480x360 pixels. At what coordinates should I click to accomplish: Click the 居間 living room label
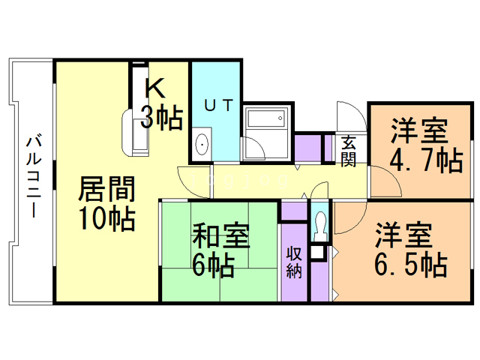pyautogui.click(x=106, y=187)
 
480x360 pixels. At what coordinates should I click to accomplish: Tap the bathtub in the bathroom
pyautogui.click(x=266, y=120)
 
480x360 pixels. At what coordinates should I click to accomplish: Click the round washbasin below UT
pyautogui.click(x=201, y=143)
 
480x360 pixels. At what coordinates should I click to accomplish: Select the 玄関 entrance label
pyautogui.click(x=349, y=149)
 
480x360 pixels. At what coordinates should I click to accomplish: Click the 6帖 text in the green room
pyautogui.click(x=213, y=264)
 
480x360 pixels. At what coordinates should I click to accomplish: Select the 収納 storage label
pyautogui.click(x=293, y=261)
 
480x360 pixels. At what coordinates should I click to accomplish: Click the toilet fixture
pyautogui.click(x=320, y=223)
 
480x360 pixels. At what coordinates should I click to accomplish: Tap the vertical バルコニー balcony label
pyautogui.click(x=32, y=176)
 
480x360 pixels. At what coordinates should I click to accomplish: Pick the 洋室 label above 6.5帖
pyautogui.click(x=404, y=235)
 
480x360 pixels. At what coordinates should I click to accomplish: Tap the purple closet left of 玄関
pyautogui.click(x=306, y=148)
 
